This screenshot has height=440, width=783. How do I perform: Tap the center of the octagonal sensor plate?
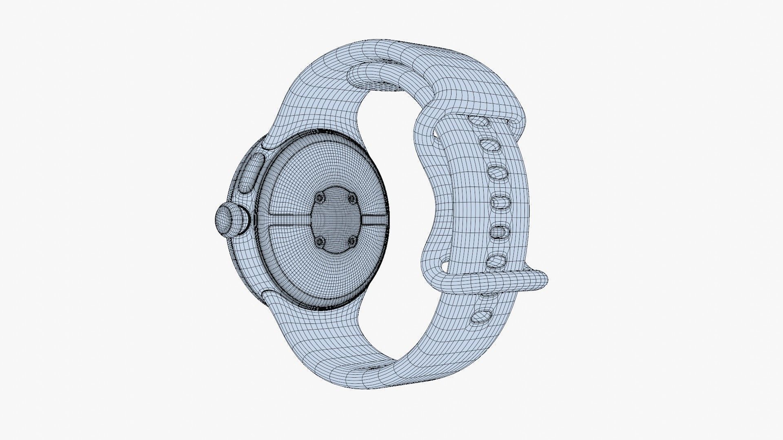pos(335,220)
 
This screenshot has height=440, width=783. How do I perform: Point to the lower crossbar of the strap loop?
pos(489,281)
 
